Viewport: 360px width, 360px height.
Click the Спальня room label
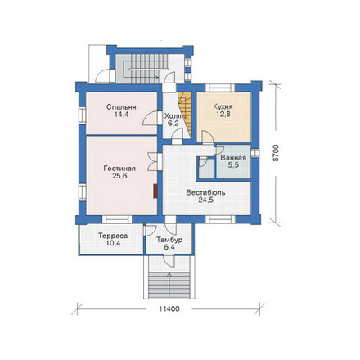pos(121,107)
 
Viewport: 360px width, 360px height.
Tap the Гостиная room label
pos(119,169)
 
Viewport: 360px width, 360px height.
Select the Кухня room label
pos(223,106)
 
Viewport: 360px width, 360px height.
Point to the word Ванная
pos(233,158)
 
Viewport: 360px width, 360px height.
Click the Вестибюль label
pos(205,192)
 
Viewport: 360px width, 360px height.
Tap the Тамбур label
pos(169,240)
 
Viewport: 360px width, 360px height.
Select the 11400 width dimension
pos(169,309)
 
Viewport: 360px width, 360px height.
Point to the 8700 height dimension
pos(276,153)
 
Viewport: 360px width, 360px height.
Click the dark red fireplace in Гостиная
pos(155,191)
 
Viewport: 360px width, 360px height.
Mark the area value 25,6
pos(119,176)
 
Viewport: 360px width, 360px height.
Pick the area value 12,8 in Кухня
pos(223,114)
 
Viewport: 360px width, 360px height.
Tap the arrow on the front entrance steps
pos(169,285)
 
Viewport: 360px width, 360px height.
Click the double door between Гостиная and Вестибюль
pos(153,162)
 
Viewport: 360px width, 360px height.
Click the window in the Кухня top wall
pos(220,88)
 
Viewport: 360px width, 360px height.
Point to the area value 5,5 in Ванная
pos(233,165)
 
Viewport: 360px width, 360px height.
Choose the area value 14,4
pos(121,115)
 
